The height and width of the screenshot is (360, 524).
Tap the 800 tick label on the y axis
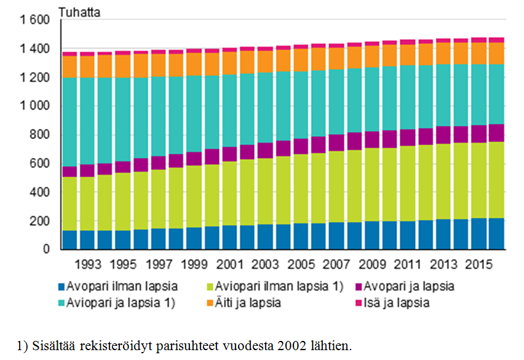click(41, 135)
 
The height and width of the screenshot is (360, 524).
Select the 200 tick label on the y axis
click(41, 221)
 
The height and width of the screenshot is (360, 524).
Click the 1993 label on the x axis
click(88, 265)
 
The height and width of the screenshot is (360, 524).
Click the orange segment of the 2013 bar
click(443, 53)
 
